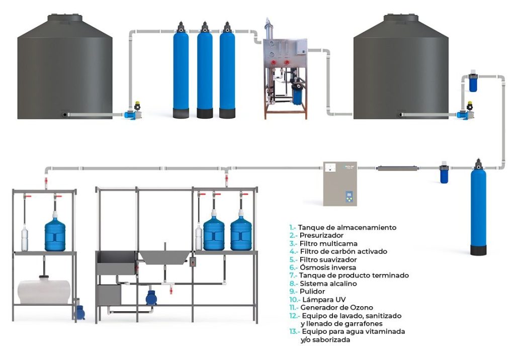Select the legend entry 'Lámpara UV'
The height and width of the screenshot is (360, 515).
320,300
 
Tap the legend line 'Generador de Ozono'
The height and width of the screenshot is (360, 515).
336,307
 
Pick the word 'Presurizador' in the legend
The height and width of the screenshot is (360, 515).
321,235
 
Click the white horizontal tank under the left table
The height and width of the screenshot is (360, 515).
44,291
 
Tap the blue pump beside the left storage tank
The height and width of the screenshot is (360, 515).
132,115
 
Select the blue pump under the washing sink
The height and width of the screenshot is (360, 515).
151,298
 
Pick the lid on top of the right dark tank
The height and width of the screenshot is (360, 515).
401,18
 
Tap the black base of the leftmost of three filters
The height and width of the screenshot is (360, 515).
181,113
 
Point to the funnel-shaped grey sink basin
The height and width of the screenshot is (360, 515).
163,257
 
